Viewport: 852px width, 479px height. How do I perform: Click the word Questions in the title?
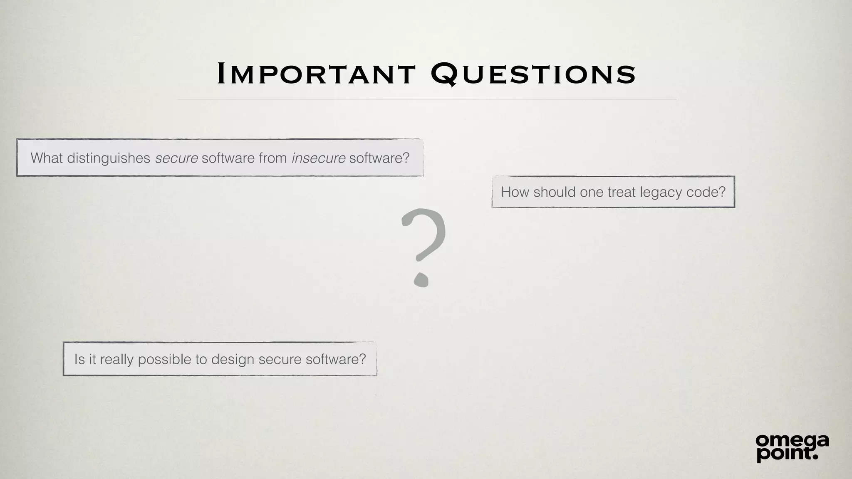[533, 74]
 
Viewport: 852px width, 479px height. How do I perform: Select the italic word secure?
[176, 158]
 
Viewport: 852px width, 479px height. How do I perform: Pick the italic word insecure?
[318, 158]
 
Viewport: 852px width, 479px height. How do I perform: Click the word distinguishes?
[109, 158]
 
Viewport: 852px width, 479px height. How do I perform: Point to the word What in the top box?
[47, 158]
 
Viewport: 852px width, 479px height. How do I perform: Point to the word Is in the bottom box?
[79, 359]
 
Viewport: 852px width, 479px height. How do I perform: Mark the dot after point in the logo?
[815, 457]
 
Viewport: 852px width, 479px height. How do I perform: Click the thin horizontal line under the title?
[426, 99]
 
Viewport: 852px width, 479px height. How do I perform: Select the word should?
[553, 192]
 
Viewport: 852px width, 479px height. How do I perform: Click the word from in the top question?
[272, 158]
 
